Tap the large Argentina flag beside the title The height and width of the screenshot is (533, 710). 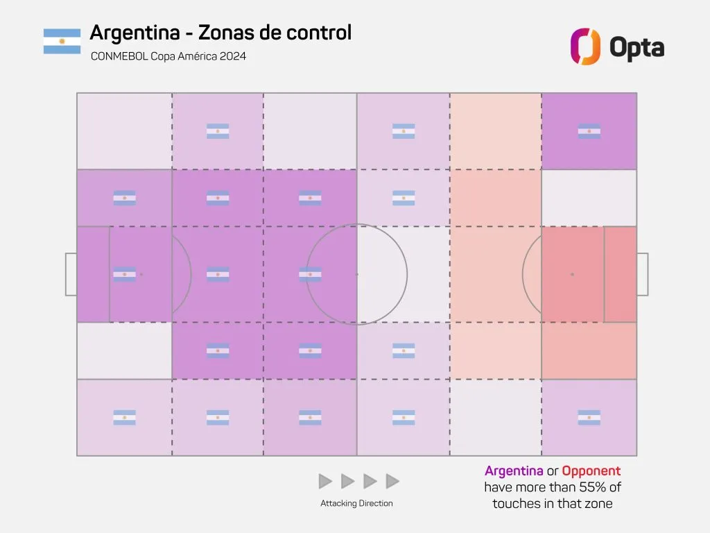62,42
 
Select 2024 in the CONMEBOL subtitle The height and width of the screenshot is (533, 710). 232,56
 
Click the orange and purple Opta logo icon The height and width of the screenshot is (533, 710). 585,46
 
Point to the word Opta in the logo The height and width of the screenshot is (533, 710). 637,47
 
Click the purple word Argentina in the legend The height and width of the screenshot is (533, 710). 514,471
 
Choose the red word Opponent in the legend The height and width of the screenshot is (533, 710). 591,471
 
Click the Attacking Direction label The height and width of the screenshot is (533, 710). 356,503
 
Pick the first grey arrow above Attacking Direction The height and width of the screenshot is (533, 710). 325,481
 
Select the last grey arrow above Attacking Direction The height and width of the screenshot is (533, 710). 392,481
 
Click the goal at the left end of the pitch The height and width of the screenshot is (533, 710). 71,274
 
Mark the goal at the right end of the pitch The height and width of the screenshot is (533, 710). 643,274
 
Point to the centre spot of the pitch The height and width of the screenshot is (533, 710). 357,274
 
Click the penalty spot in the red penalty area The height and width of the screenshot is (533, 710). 572,274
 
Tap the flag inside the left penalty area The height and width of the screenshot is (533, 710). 125,274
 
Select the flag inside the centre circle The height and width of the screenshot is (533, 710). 310,274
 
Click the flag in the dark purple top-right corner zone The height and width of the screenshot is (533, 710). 589,131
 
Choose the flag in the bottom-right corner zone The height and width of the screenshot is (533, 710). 589,418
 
